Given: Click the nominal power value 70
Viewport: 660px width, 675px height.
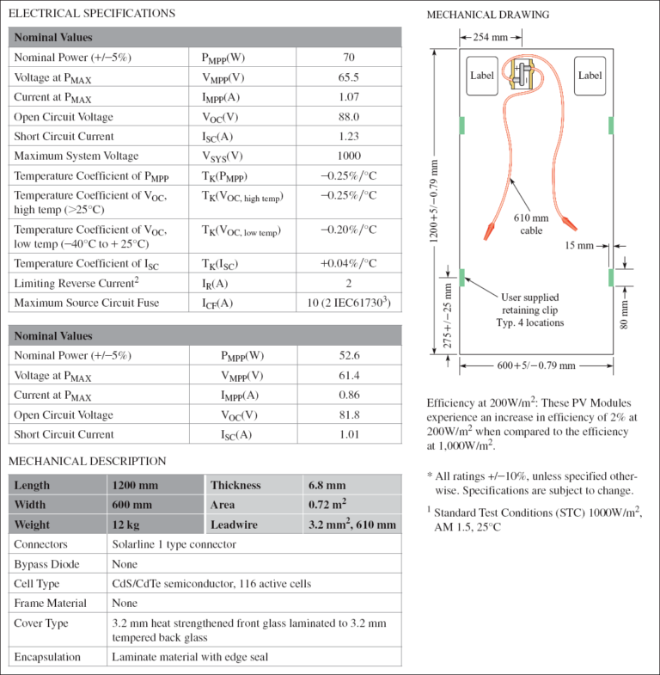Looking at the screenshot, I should point(348,58).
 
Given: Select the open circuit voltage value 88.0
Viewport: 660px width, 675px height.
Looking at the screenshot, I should point(348,117).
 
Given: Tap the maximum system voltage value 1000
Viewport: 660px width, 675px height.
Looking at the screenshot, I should point(348,156).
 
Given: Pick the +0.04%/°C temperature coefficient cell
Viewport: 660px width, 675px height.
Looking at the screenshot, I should point(348,263).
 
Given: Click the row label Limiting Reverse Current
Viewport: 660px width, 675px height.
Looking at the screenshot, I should point(76,283).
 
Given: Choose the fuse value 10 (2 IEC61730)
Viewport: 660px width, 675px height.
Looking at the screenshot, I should point(348,303).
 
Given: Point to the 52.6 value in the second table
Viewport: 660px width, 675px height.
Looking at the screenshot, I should point(348,355).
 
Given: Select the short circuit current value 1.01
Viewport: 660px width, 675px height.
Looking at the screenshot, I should point(348,434).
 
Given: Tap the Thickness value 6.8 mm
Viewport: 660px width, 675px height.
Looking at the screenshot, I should point(327,485).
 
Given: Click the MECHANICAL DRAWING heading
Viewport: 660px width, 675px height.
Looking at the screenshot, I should point(487,15).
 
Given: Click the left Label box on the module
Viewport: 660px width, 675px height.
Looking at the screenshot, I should point(482,76).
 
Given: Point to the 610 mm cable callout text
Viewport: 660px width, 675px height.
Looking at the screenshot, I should point(531,224).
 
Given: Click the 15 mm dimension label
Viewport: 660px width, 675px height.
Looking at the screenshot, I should point(579,246).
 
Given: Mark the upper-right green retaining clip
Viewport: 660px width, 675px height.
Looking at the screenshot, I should point(610,126).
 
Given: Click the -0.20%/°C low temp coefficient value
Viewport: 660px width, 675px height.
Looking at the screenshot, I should point(348,230).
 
